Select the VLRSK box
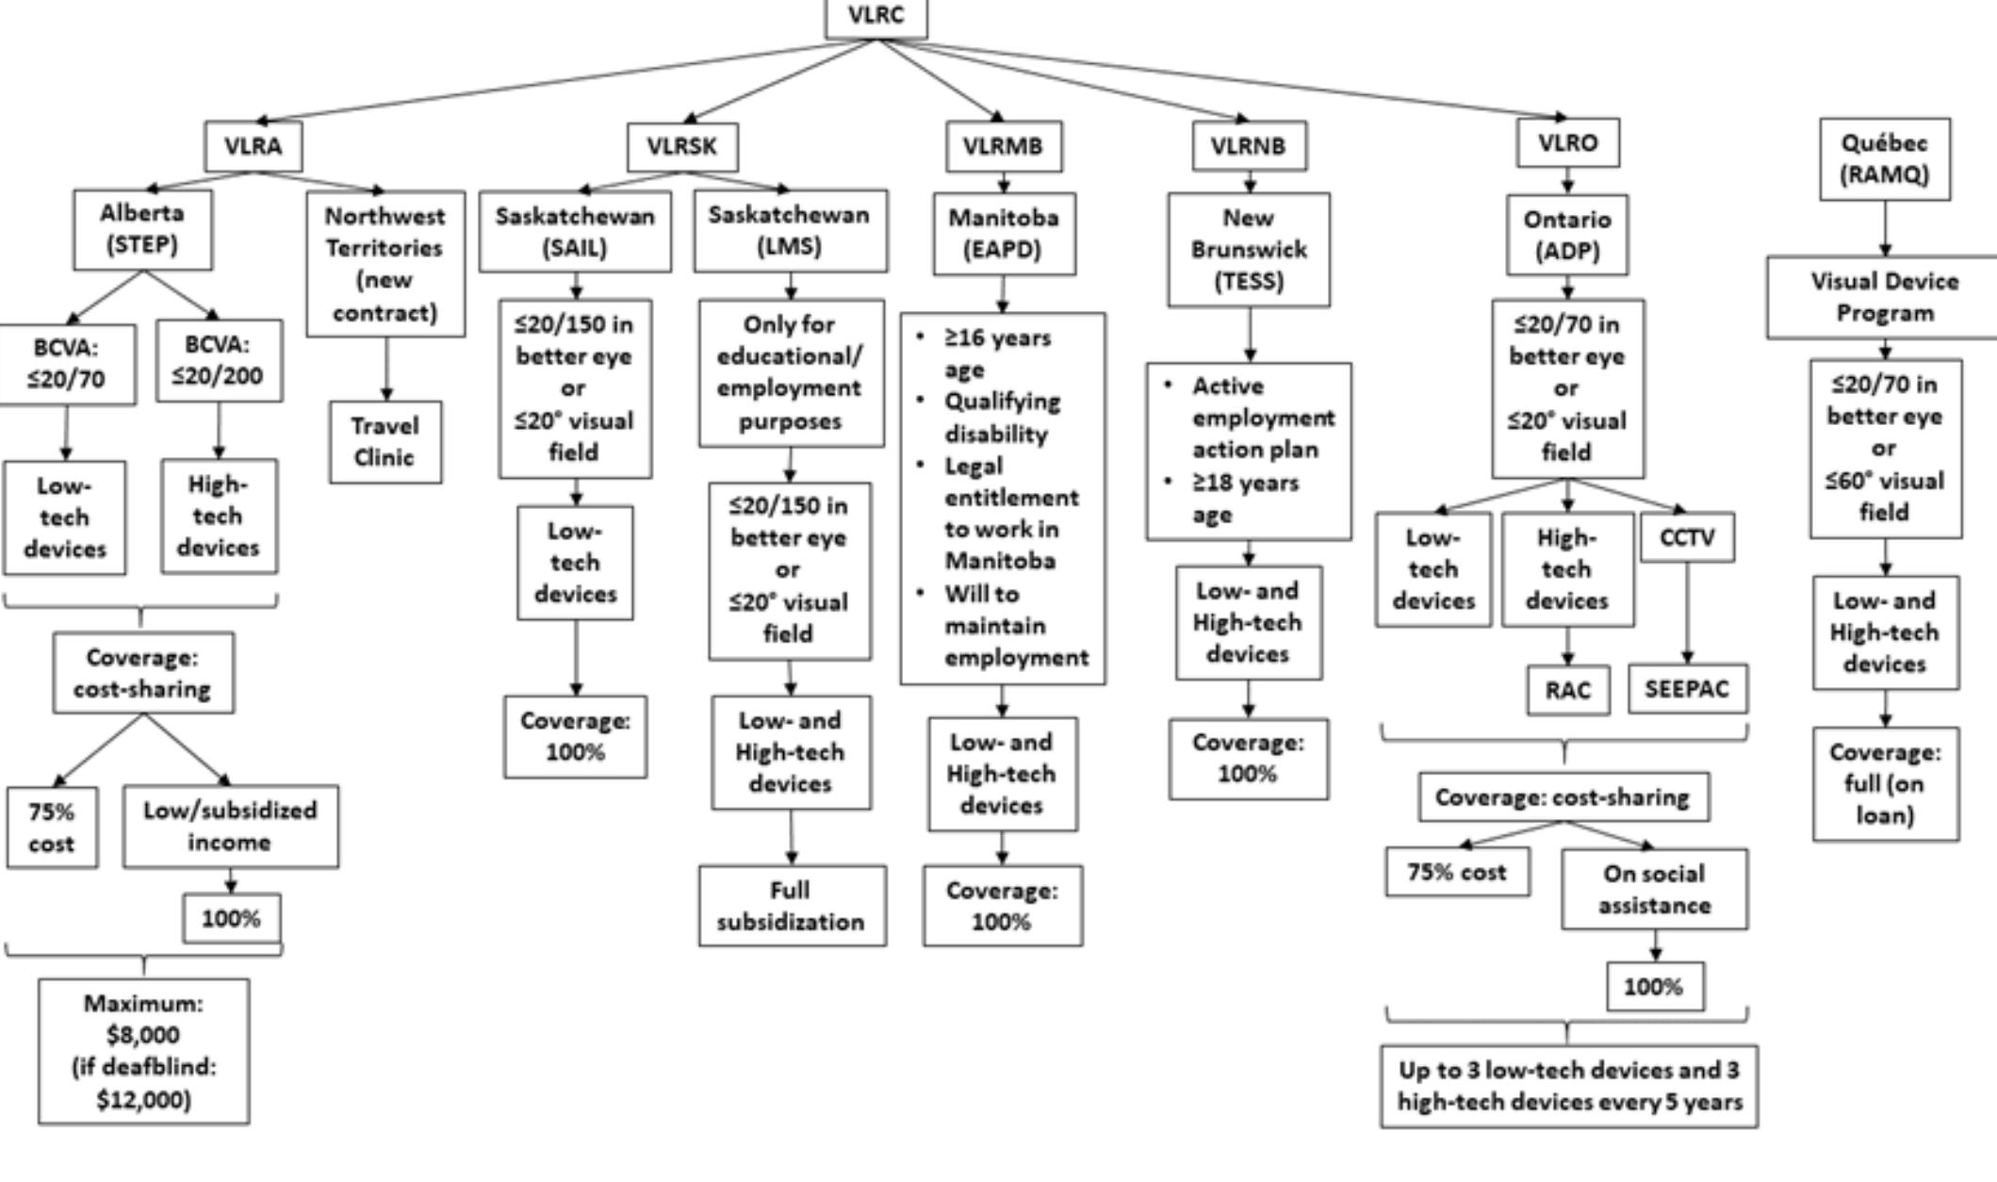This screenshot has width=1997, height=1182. [x=682, y=147]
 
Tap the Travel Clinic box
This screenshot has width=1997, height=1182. [x=385, y=442]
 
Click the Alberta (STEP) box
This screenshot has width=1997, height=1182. [x=142, y=229]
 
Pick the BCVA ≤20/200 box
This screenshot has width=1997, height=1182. [x=219, y=361]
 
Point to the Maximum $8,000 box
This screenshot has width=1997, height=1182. [x=143, y=1051]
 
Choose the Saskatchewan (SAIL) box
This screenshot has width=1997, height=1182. [x=575, y=232]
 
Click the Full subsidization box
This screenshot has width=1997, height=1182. [x=792, y=906]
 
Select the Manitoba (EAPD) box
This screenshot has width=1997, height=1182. [x=1004, y=234]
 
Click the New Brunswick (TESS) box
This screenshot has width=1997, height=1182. [x=1249, y=250]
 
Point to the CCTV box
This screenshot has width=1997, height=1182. [x=1687, y=537]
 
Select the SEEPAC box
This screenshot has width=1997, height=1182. [x=1687, y=689]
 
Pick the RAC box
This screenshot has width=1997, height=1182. [x=1567, y=690]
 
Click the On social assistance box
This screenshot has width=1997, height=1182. [x=1654, y=889]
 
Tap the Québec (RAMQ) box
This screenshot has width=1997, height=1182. [x=1885, y=158]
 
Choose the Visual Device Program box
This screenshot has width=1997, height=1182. [x=1885, y=297]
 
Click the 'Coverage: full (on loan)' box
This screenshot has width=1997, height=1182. [x=1885, y=783]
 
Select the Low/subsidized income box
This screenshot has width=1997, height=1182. [x=230, y=827]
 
